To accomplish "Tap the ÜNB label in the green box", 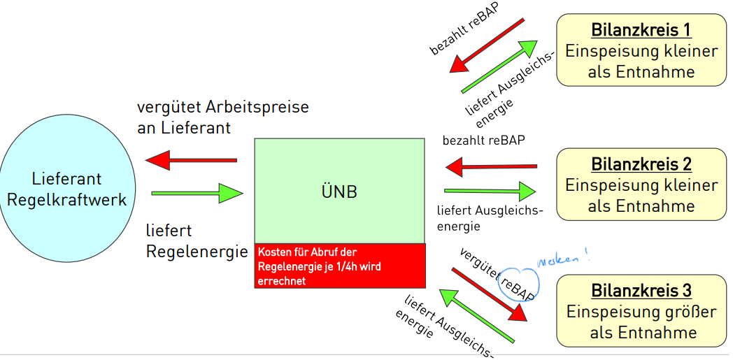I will point(339,191).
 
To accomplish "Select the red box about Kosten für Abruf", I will point(340,266).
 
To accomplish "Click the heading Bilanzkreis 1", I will point(641,30).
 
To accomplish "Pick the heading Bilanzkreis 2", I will point(641,164).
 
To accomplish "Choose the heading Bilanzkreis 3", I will point(641,290).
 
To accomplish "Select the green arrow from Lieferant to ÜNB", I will point(196,192).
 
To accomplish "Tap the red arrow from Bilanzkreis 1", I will point(487,45).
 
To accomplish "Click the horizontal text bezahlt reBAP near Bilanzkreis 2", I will point(483,141).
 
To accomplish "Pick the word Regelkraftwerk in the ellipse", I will point(66,200).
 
